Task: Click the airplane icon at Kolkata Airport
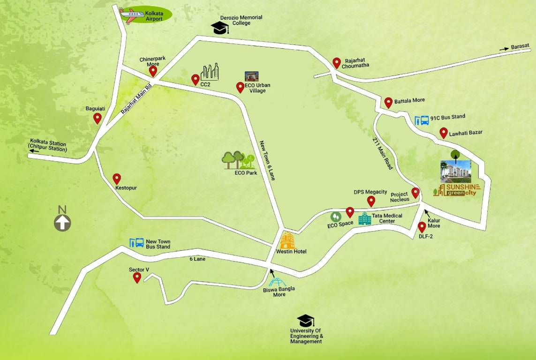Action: pyautogui.click(x=132, y=14)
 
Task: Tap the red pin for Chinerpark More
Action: pyautogui.click(x=153, y=71)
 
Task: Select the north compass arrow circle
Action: pyautogui.click(x=62, y=223)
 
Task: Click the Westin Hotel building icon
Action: pyautogui.click(x=288, y=240)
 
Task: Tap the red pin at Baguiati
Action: pyautogui.click(x=98, y=118)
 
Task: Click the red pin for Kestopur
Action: pyautogui.click(x=117, y=179)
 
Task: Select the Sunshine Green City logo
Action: pyautogui.click(x=457, y=190)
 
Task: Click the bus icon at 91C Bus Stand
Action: pyautogui.click(x=422, y=120)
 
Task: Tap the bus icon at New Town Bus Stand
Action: pyautogui.click(x=136, y=243)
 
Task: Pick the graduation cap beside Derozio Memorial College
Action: pyautogui.click(x=219, y=28)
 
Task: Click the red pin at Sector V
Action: pyautogui.click(x=137, y=277)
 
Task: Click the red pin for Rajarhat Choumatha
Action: pyautogui.click(x=336, y=63)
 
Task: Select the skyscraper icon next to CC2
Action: pyautogui.click(x=210, y=72)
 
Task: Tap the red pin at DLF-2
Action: pyautogui.click(x=422, y=227)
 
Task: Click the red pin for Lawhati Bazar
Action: pyautogui.click(x=443, y=133)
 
